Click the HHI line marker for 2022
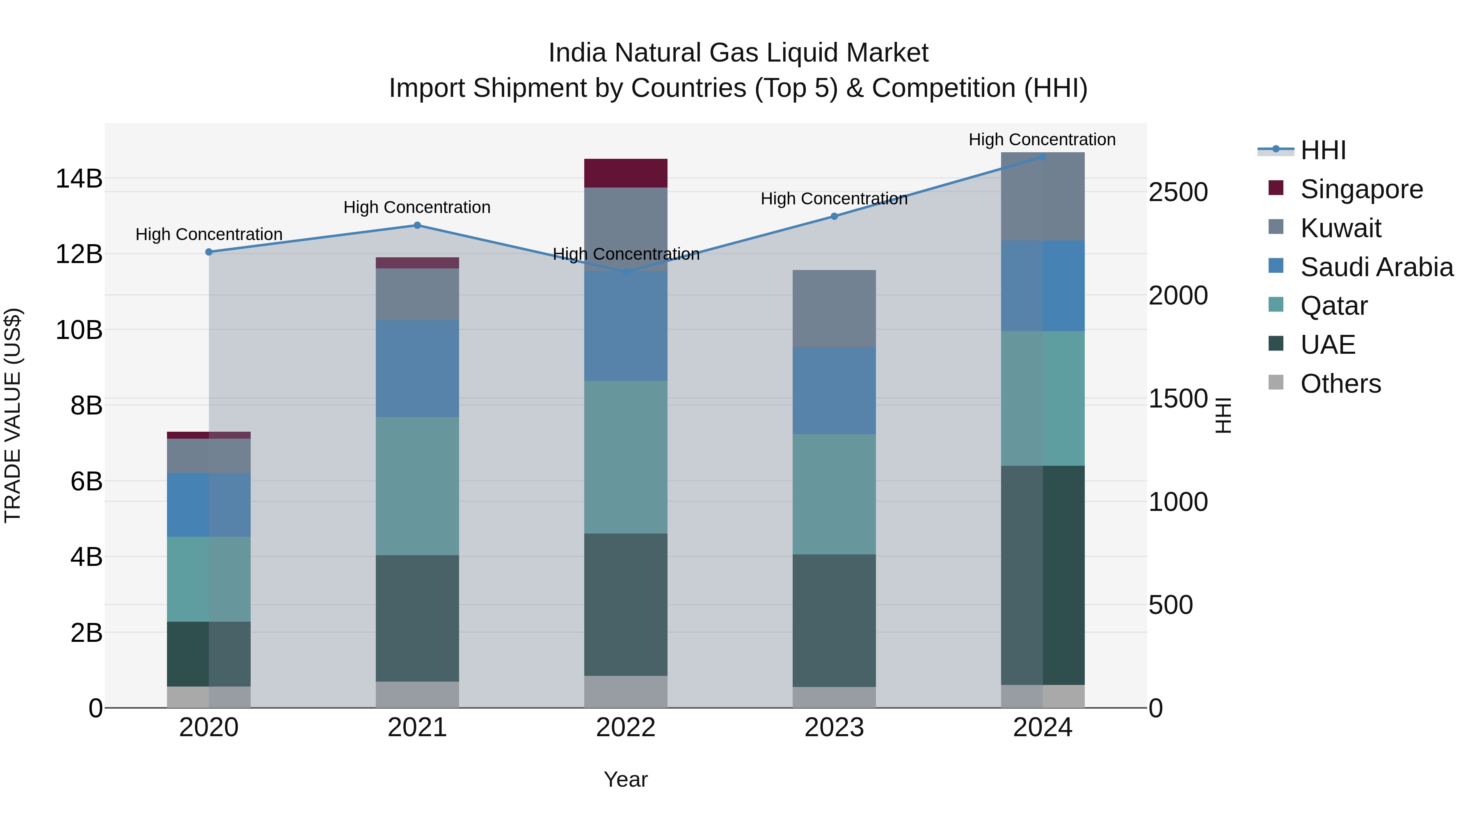(x=626, y=272)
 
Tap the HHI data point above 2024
(x=1043, y=157)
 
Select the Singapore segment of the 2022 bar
(x=626, y=173)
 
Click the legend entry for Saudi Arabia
(x=1376, y=267)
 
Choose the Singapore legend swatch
(x=1276, y=188)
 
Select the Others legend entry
(x=1340, y=384)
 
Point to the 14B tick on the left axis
(x=78, y=179)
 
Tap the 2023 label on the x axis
(x=834, y=728)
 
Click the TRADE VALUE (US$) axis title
(x=13, y=415)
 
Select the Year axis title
(x=626, y=779)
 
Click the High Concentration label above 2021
(x=417, y=207)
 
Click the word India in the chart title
(x=577, y=53)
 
